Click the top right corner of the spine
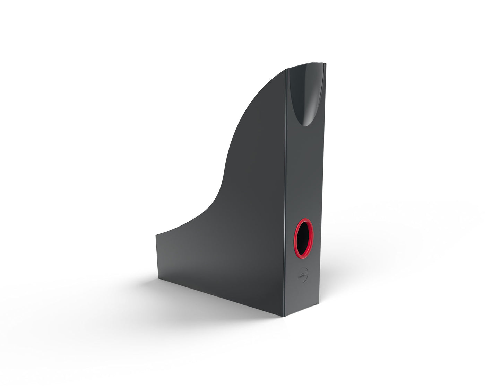(x=325, y=64)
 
